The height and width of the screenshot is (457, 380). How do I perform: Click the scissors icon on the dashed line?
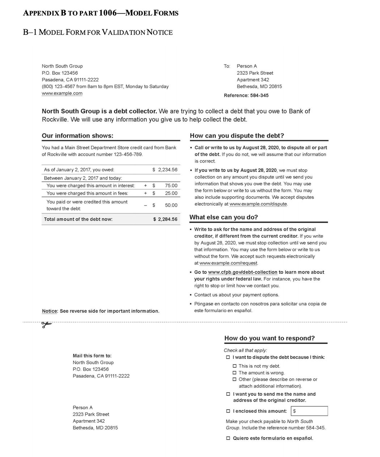47,325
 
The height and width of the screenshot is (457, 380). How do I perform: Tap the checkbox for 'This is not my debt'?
235,366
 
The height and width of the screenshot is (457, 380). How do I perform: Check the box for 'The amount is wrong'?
235,373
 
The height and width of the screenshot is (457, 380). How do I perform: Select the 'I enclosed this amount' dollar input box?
310,411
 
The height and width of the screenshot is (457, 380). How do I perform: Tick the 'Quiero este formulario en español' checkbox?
228,438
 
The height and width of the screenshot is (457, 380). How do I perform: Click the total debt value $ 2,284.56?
165,219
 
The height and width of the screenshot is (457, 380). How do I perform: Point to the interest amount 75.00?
171,186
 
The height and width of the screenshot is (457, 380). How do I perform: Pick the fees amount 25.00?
171,193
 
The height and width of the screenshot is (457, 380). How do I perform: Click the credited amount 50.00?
171,205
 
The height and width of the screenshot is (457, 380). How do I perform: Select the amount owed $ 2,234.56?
165,170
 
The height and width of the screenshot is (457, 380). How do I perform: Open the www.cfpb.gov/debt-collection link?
242,272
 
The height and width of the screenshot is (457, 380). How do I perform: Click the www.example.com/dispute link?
258,204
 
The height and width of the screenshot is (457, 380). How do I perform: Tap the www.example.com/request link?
228,263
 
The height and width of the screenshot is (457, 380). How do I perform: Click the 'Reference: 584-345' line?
246,96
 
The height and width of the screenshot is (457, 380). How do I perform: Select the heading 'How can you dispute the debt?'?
237,136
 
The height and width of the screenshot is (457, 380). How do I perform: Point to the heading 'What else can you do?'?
224,217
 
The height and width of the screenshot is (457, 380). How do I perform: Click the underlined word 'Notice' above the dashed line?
50,311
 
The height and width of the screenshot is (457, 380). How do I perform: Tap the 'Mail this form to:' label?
92,356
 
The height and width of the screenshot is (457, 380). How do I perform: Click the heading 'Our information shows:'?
77,136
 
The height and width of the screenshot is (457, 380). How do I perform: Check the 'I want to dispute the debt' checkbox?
228,357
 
